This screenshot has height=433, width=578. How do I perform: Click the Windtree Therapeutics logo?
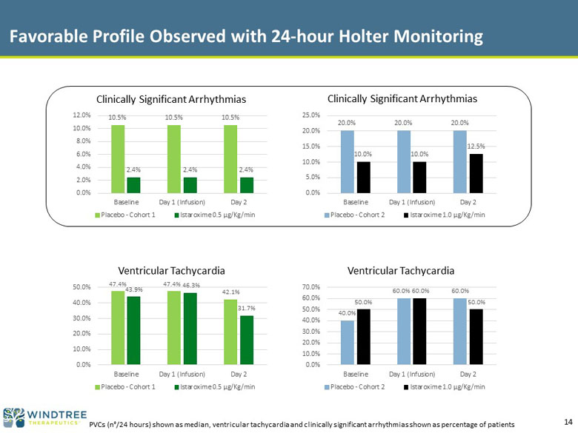44,417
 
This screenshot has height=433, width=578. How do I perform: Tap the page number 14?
568,422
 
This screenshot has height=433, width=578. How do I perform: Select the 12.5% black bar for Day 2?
476,173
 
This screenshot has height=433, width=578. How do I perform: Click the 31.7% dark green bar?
247,340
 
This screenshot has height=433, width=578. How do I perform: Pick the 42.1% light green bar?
230,332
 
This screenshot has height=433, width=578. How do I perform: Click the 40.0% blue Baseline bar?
348,343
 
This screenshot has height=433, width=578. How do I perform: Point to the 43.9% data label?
134,289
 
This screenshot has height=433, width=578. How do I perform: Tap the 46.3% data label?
191,285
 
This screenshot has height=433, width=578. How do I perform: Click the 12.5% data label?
476,146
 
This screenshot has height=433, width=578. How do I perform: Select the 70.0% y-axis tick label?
311,287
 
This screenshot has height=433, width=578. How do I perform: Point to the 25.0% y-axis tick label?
311,115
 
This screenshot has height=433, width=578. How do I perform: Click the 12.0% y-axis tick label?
82,115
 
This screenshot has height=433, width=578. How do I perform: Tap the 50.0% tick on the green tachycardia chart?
82,287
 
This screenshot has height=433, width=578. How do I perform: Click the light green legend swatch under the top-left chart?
98,215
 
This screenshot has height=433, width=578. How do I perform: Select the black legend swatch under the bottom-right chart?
406,387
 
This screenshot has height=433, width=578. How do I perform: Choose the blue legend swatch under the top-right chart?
327,215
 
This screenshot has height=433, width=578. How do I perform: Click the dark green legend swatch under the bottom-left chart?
177,387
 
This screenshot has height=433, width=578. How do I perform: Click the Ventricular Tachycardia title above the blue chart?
401,271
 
